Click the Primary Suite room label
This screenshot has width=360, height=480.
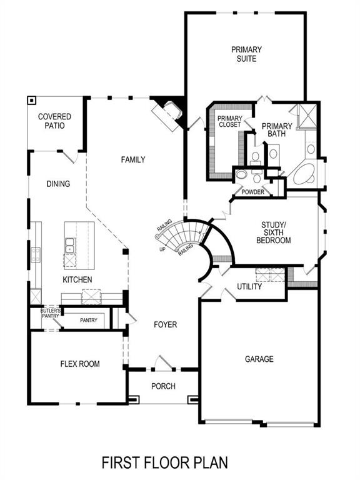(246, 54)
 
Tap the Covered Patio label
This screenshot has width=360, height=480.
(54, 121)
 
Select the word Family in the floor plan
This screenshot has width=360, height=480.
(132, 160)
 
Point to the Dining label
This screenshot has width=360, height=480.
(58, 184)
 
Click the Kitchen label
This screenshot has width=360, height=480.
(77, 279)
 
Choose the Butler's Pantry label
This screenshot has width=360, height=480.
(50, 314)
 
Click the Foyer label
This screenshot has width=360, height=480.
(166, 325)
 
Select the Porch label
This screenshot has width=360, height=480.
(163, 386)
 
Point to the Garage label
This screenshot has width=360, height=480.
(259, 359)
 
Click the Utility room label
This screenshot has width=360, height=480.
(249, 287)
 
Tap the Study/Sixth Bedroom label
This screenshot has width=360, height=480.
(276, 232)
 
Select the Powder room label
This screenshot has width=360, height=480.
(252, 192)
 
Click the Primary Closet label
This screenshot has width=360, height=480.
(229, 121)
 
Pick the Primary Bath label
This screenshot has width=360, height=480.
(277, 129)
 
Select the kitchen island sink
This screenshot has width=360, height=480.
(70, 246)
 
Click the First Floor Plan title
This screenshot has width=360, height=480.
(165, 462)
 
